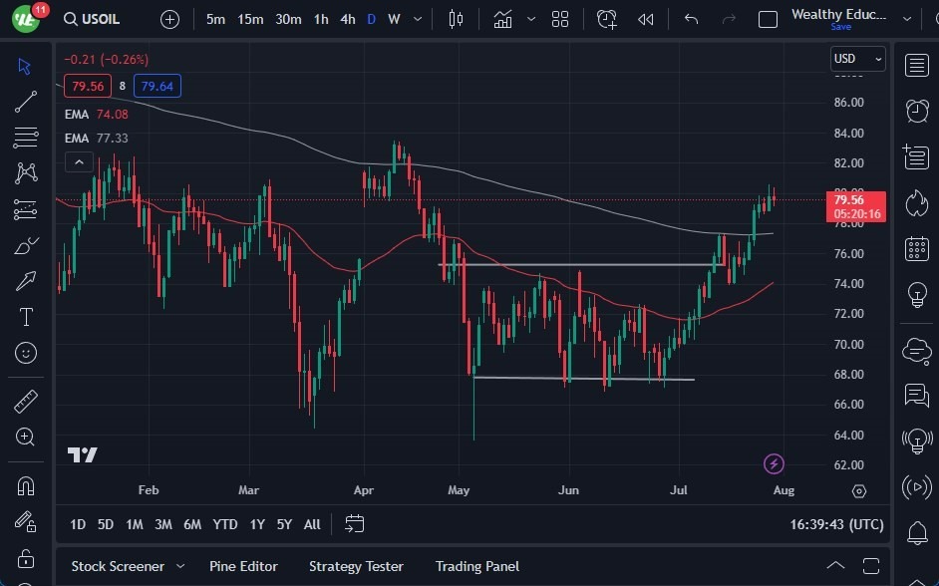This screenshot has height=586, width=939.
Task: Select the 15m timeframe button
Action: pos(250,19)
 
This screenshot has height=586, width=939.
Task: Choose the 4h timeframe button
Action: pos(347,19)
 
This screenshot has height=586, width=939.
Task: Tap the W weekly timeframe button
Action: pos(394,19)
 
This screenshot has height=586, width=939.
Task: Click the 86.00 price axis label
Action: pos(848,103)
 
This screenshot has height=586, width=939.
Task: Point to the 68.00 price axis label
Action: pos(848,375)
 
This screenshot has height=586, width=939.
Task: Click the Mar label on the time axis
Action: pos(248,490)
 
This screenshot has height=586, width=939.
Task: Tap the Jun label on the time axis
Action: pos(568,490)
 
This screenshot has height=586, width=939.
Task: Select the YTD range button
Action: pos(225,524)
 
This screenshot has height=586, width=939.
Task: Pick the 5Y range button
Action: pos(284,524)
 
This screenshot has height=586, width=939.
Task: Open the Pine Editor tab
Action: pos(243,566)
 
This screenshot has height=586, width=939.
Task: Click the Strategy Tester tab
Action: pos(356,566)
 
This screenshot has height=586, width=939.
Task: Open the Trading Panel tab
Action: pos(476,566)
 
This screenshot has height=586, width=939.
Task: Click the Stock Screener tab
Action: pos(118,566)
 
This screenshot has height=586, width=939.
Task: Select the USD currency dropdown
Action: pos(857,59)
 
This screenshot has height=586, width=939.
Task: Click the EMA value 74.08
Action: pos(112,115)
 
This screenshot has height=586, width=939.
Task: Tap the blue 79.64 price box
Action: pos(157,87)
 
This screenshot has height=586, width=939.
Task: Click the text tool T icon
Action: pos(26,317)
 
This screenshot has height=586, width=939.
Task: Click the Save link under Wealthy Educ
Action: pos(840,27)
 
